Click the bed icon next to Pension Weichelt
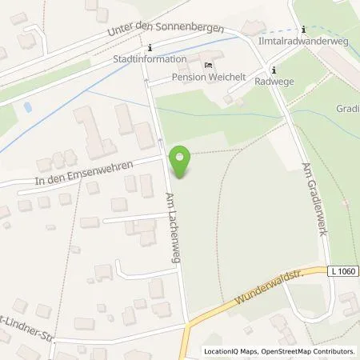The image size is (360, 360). pos(209,65)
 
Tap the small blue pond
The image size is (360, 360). pos(29,106)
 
